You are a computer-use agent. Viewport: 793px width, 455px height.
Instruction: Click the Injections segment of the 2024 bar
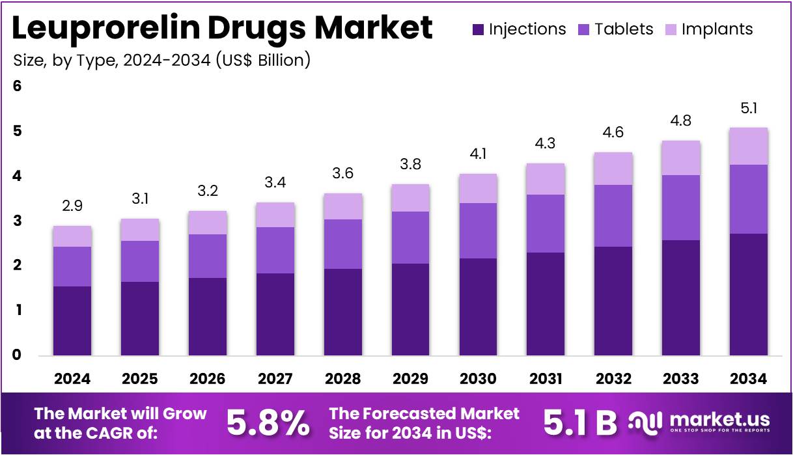tap(72, 320)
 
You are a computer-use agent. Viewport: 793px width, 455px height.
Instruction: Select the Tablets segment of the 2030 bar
tap(478, 230)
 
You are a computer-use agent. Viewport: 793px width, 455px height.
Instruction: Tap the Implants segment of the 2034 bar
tap(748, 146)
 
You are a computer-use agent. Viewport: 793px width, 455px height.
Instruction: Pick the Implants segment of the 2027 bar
tap(275, 215)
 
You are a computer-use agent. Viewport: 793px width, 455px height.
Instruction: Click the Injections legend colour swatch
tap(479, 29)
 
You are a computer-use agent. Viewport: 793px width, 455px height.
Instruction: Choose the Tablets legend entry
tap(615, 29)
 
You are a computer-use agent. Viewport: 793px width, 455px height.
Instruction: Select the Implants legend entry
tap(708, 29)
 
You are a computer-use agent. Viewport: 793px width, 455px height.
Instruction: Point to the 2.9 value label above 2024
tap(72, 206)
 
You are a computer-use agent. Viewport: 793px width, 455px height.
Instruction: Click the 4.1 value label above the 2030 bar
tap(478, 154)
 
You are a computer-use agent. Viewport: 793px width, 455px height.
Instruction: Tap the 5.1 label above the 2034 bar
tap(748, 108)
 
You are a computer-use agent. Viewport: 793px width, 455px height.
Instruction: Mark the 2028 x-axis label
tap(342, 379)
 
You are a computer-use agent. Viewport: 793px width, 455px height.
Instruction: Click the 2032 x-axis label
tap(613, 379)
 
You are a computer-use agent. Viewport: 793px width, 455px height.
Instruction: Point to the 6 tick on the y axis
tap(18, 86)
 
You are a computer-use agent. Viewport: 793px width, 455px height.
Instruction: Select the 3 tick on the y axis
tap(18, 221)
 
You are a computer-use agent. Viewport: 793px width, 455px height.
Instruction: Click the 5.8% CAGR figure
tap(268, 423)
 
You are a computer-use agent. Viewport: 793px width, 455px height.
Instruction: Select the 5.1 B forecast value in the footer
tap(579, 423)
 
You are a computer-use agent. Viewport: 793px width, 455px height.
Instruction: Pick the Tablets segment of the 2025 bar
tap(140, 261)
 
